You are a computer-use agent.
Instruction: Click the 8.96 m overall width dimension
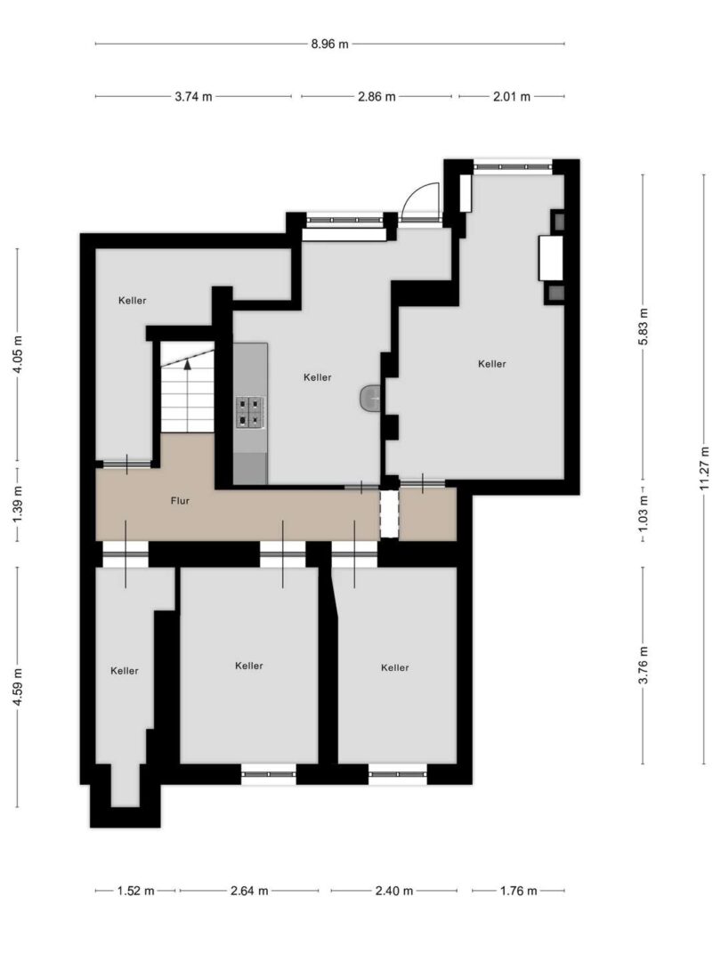[x=330, y=44]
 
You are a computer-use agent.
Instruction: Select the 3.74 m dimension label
[x=194, y=96]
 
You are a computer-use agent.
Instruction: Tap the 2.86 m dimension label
[x=377, y=96]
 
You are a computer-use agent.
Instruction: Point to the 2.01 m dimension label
[x=512, y=96]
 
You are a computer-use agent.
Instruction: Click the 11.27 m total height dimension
[x=704, y=469]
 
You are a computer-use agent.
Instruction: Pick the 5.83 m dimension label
[x=644, y=326]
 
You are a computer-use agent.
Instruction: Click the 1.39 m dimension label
[x=18, y=504]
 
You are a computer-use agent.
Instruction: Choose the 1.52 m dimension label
[x=136, y=891]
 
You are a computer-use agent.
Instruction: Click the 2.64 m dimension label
[x=249, y=891]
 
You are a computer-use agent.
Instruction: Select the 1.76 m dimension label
[x=519, y=891]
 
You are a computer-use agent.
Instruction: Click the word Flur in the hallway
[x=180, y=501]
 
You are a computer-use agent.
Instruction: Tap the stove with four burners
[x=251, y=411]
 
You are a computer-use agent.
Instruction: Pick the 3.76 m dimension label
[x=644, y=665]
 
